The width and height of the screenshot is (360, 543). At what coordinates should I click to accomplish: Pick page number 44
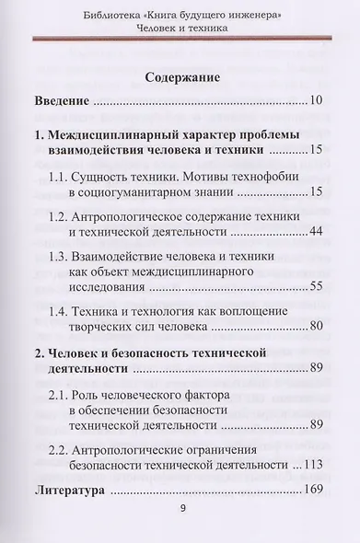click(316, 228)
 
